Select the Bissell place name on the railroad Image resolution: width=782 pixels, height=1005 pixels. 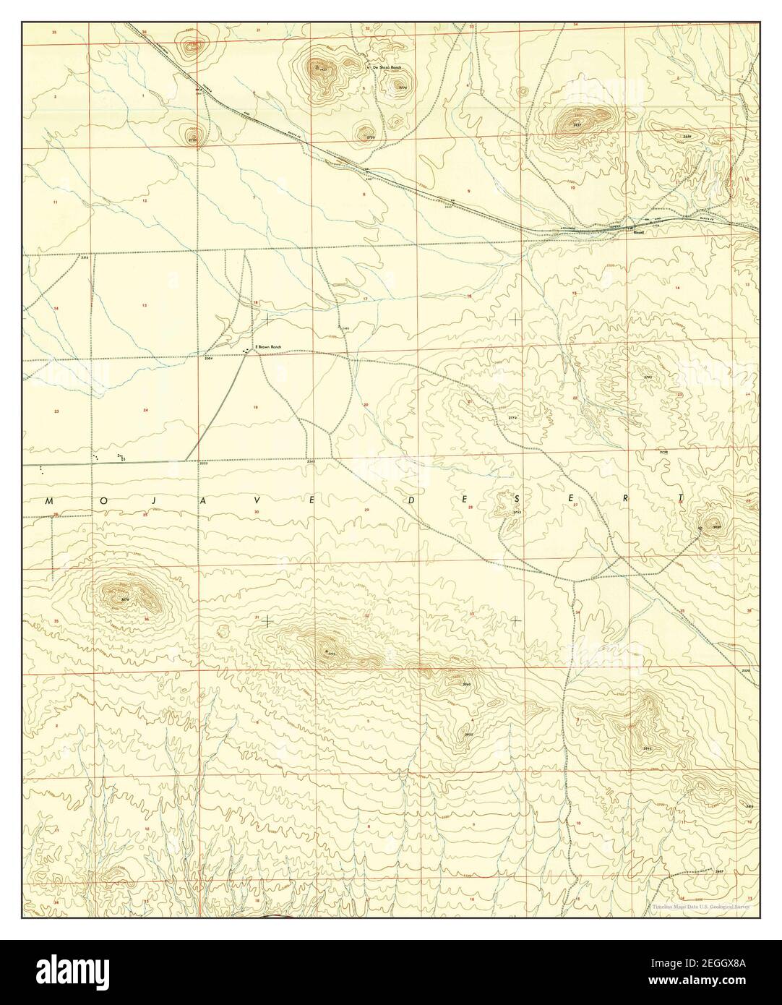point(639,233)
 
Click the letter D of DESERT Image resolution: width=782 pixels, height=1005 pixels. point(409,500)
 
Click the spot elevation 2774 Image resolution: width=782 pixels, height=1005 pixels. point(514,419)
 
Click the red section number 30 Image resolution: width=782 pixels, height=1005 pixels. point(257,511)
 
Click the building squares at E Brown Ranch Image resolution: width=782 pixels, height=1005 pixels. point(248,351)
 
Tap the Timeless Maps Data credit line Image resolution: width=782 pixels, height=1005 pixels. point(699,906)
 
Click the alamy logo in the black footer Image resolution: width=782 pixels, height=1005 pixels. point(87,972)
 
